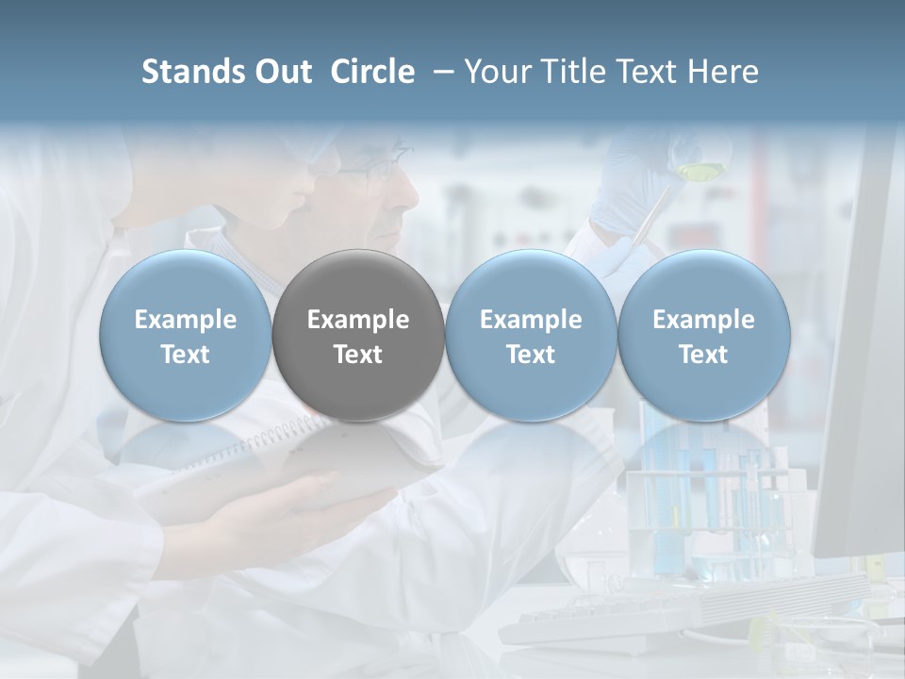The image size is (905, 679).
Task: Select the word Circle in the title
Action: click(372, 72)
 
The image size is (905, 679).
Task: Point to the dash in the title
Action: click(439, 73)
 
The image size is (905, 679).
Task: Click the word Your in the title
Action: click(499, 72)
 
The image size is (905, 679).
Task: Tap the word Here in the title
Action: click(725, 72)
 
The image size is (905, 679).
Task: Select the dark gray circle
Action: click(358, 336)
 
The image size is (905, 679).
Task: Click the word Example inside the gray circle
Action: click(358, 320)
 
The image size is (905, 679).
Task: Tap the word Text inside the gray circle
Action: click(358, 355)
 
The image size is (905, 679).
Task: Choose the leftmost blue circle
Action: click(186, 336)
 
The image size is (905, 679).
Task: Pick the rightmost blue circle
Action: click(704, 336)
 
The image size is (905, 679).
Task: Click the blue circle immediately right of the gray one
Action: click(531, 336)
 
